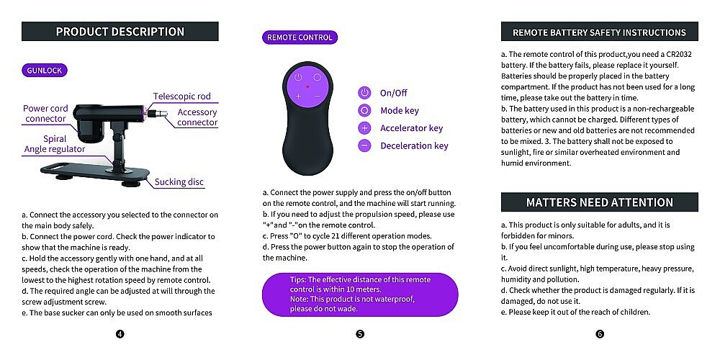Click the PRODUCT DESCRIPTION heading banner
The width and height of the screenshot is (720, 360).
coord(120,32)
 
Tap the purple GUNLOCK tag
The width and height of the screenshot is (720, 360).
coord(45,71)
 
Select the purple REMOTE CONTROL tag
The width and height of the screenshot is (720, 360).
coord(300,37)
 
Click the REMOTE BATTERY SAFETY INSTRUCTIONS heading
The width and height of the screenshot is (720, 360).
coord(599,32)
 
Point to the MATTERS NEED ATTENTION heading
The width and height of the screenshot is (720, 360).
coord(599,202)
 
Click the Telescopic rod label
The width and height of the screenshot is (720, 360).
coord(181,96)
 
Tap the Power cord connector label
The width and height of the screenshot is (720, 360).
coord(45,114)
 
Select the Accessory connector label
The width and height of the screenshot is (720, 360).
coord(197,117)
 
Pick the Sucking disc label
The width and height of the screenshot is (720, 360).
coord(180,182)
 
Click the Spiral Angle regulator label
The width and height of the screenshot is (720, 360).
coord(55,144)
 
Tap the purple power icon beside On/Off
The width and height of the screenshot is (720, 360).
coord(364,93)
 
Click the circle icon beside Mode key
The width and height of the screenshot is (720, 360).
coord(364,111)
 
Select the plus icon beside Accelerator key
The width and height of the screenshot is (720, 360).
coord(364,128)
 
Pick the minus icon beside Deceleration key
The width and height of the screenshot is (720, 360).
coord(364,145)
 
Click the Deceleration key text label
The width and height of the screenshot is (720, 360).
coord(414,145)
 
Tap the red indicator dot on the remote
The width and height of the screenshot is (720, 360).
coord(307,86)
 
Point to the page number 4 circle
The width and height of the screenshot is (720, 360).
coord(120,333)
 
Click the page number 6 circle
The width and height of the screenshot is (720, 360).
coord(599,333)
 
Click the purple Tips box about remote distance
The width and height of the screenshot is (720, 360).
coord(360,293)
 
